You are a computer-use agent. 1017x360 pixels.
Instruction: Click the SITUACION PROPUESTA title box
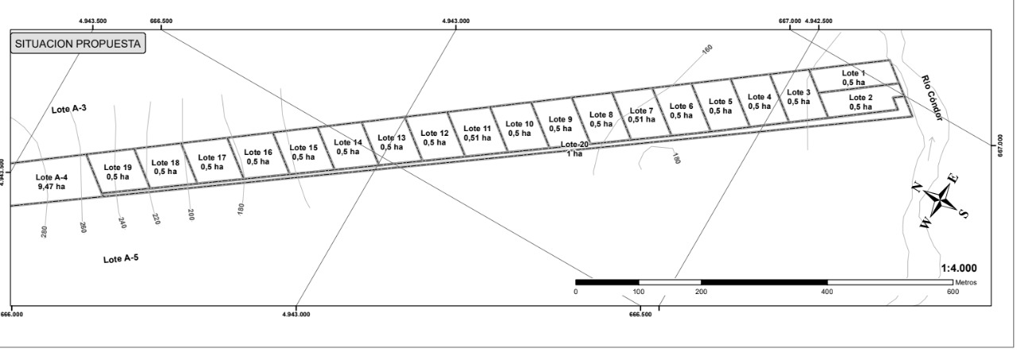[x=78, y=45]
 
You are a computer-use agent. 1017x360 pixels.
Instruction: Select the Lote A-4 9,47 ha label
[x=52, y=182]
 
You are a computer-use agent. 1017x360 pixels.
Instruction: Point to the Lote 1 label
[x=854, y=77]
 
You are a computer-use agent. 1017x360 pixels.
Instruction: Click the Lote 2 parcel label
[x=860, y=103]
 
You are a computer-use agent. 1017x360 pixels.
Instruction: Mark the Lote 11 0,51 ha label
[x=477, y=133]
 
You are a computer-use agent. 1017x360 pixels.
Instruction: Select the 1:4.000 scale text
[x=958, y=269]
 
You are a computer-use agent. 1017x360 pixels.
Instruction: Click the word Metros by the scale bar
[x=967, y=283]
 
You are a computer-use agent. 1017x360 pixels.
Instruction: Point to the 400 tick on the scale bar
[x=826, y=292]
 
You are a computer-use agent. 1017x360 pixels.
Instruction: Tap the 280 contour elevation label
[x=44, y=230]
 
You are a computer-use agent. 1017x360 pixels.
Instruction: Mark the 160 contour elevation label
[x=707, y=49]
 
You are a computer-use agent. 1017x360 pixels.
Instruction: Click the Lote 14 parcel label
[x=347, y=147]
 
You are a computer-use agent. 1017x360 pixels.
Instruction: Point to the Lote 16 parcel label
[x=257, y=157]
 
